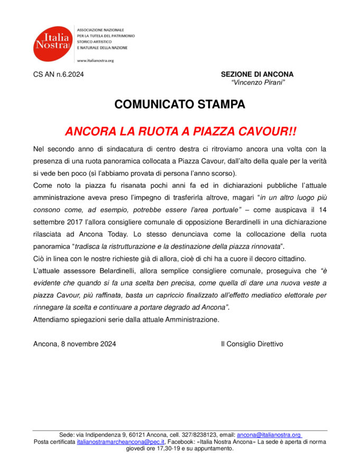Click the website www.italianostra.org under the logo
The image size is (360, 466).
point(96,60)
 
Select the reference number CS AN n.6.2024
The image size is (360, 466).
point(58,75)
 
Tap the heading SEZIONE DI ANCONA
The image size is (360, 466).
point(257,75)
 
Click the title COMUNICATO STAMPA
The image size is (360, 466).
point(180,105)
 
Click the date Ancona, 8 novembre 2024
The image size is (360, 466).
point(75,344)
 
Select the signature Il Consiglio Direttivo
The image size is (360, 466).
point(252,344)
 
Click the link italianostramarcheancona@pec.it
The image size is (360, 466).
point(121,441)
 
